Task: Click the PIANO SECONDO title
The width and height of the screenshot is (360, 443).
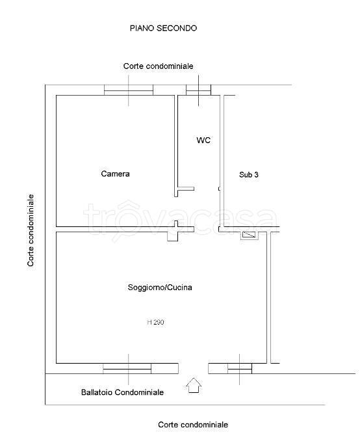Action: click(x=163, y=28)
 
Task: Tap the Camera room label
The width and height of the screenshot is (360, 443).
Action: click(x=116, y=174)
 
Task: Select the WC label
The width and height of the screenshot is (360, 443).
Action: click(x=203, y=140)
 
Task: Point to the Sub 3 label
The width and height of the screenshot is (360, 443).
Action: click(x=249, y=174)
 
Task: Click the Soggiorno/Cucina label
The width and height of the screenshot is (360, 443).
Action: click(x=160, y=288)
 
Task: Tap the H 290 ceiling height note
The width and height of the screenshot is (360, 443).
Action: click(x=155, y=322)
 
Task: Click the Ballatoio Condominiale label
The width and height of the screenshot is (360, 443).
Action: click(x=122, y=392)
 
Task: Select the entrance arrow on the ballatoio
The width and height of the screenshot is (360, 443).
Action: click(x=194, y=385)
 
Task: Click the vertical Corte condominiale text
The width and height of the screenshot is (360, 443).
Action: click(x=31, y=230)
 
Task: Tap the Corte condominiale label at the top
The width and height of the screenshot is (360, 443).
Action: click(x=159, y=66)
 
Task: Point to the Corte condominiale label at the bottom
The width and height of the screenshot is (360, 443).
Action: click(x=193, y=425)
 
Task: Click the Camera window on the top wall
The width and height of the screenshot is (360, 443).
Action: click(x=129, y=90)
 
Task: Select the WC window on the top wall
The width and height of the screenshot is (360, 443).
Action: click(x=198, y=90)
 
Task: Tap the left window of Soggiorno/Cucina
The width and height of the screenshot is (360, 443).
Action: click(x=127, y=369)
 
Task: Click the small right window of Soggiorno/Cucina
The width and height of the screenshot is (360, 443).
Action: click(x=240, y=369)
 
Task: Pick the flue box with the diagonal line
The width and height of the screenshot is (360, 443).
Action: click(x=250, y=235)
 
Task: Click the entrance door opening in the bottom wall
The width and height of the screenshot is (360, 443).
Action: click(x=193, y=369)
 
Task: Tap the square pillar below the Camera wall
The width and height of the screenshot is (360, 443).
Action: click(x=172, y=236)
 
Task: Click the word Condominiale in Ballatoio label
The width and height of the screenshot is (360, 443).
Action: click(x=139, y=392)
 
